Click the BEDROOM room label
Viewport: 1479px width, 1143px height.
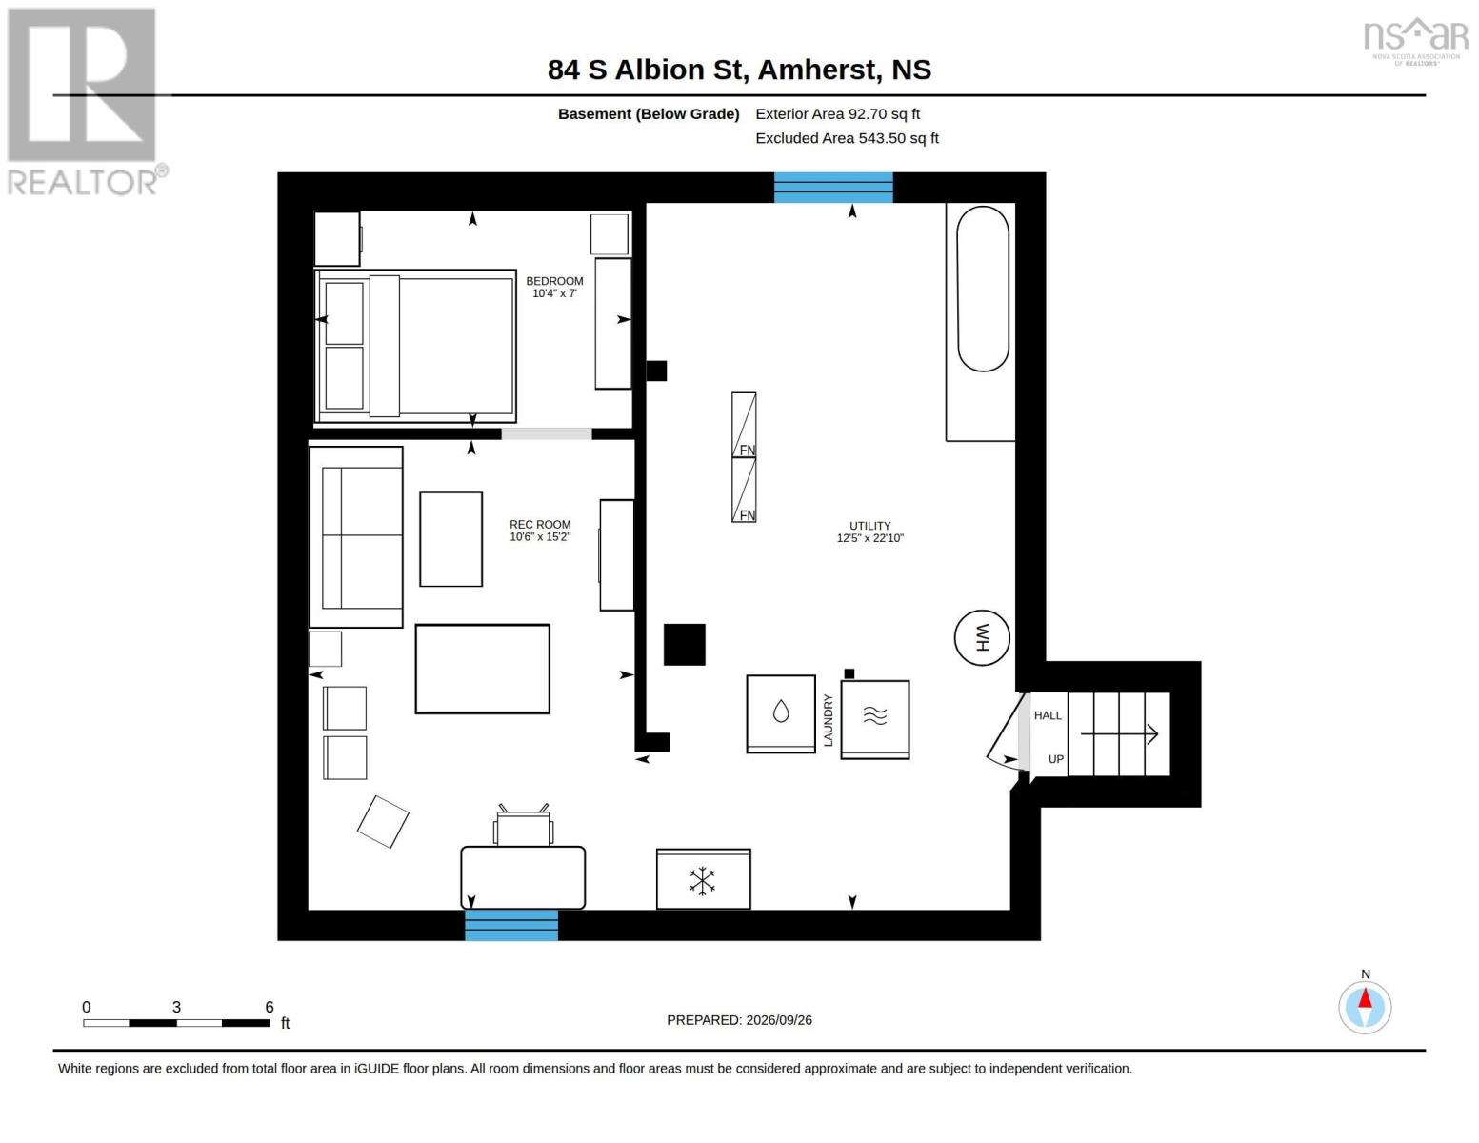tap(554, 280)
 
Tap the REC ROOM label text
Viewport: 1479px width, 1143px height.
tap(540, 524)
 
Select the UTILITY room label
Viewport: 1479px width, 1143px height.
tap(869, 526)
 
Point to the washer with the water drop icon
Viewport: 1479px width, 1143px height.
tap(781, 714)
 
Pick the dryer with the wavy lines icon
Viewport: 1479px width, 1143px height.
tap(874, 719)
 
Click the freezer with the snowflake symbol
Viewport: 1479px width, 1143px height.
tap(703, 879)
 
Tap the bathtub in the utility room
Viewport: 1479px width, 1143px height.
tap(983, 289)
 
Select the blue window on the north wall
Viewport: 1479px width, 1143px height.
tap(833, 188)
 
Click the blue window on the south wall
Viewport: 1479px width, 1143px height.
tap(511, 925)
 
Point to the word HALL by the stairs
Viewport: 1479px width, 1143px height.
tap(1048, 715)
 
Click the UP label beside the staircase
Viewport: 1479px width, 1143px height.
tap(1055, 759)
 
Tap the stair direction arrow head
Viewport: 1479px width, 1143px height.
tap(1153, 733)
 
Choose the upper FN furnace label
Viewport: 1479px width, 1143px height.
tap(748, 450)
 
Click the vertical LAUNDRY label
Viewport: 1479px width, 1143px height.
tap(829, 720)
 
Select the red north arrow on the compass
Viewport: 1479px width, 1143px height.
tap(1365, 998)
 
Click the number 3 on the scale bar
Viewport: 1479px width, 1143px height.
tap(176, 1007)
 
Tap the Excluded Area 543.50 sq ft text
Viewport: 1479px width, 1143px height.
tap(847, 138)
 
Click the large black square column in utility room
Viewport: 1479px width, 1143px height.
tap(684, 644)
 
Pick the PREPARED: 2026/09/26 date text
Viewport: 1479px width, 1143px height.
tap(739, 1020)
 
